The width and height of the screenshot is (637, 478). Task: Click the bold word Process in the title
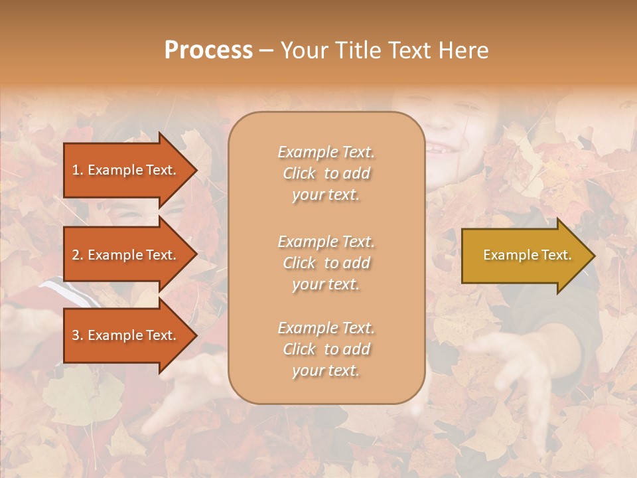(x=208, y=50)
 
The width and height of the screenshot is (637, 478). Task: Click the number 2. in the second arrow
(x=78, y=255)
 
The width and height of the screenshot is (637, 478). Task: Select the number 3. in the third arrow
(x=78, y=335)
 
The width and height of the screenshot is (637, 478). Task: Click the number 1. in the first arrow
(x=77, y=170)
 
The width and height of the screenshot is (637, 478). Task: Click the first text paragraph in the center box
(x=326, y=173)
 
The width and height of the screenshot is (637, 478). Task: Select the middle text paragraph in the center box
(x=326, y=262)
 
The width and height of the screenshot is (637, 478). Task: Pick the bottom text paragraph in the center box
(x=326, y=349)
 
